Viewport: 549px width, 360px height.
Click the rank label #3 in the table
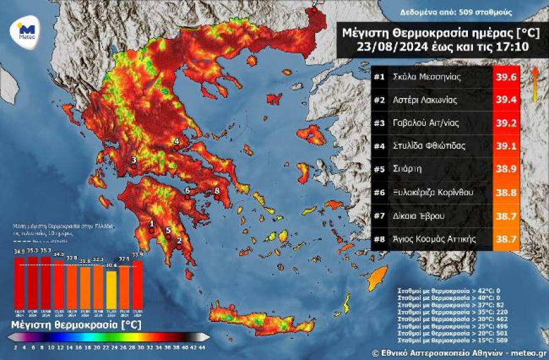(x=379, y=123)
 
